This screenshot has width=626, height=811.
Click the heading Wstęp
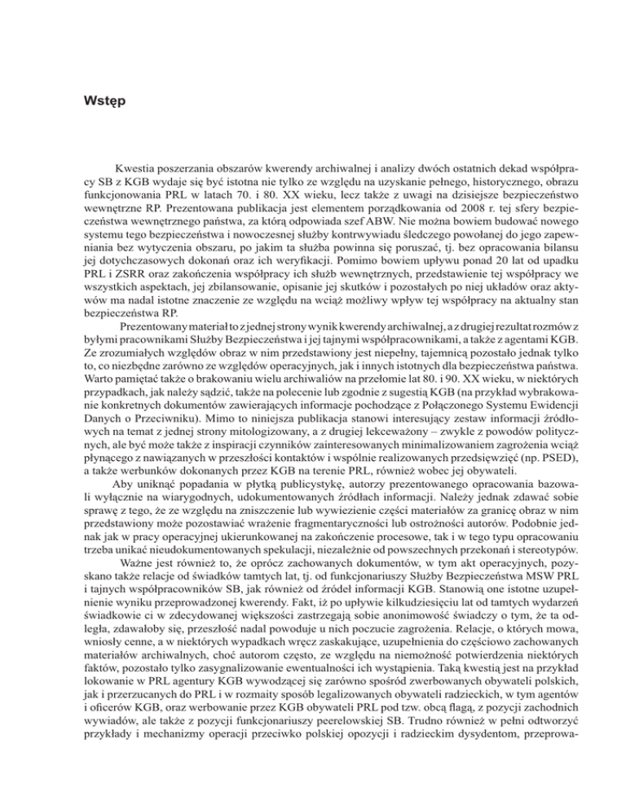pyautogui.click(x=104, y=103)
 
